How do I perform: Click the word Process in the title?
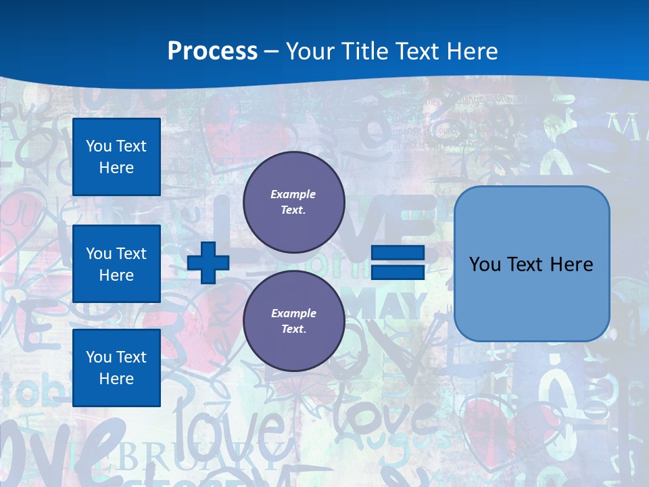212,51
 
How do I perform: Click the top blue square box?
116,157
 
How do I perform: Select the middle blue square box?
116,264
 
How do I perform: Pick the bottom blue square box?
116,367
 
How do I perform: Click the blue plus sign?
208,262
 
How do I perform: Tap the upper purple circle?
293,202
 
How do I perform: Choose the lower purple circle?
293,321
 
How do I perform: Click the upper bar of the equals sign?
398,253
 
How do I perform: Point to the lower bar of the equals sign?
398,272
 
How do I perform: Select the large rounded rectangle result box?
531,264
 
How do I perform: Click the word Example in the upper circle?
293,195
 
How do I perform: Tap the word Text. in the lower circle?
293,329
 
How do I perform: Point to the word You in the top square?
99,146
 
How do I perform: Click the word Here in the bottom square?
116,379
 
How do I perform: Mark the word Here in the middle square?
116,275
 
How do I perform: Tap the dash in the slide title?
271,51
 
